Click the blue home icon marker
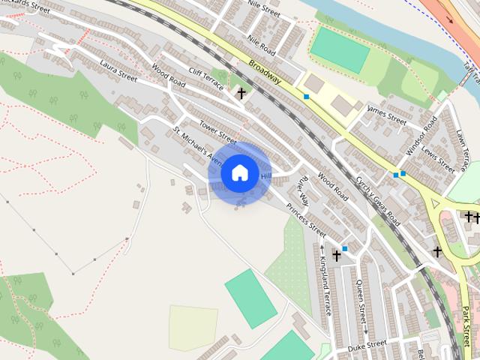pos(238,172)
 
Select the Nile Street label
pos(263,13)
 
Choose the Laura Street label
pos(118,71)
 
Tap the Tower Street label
pos(217,129)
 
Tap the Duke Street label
pos(367,345)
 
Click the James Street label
pos(386,115)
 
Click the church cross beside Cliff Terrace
pos(241,94)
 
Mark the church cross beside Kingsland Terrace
pos(337,256)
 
